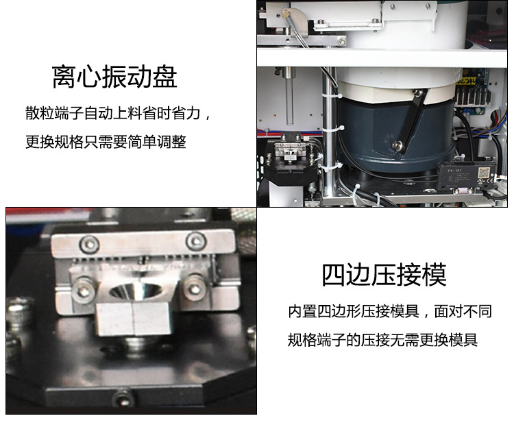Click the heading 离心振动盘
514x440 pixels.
(114, 77)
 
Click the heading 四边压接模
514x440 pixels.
(384, 275)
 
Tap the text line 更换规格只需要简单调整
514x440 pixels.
(106, 142)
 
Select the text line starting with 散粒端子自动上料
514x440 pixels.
(118, 114)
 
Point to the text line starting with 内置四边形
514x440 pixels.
(390, 311)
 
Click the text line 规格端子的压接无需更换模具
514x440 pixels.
(382, 340)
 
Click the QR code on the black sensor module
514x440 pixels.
(484, 172)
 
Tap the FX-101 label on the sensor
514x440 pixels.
(454, 171)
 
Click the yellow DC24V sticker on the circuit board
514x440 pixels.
(465, 80)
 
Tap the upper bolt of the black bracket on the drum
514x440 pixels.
(417, 93)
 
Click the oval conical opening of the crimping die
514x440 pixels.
(135, 291)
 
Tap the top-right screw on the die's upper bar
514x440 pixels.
(196, 241)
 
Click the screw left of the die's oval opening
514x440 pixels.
(84, 289)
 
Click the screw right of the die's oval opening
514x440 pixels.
(195, 288)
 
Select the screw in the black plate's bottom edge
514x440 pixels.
(123, 398)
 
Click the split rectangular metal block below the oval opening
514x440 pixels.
(133, 319)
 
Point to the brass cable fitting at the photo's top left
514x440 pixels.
(286, 14)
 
